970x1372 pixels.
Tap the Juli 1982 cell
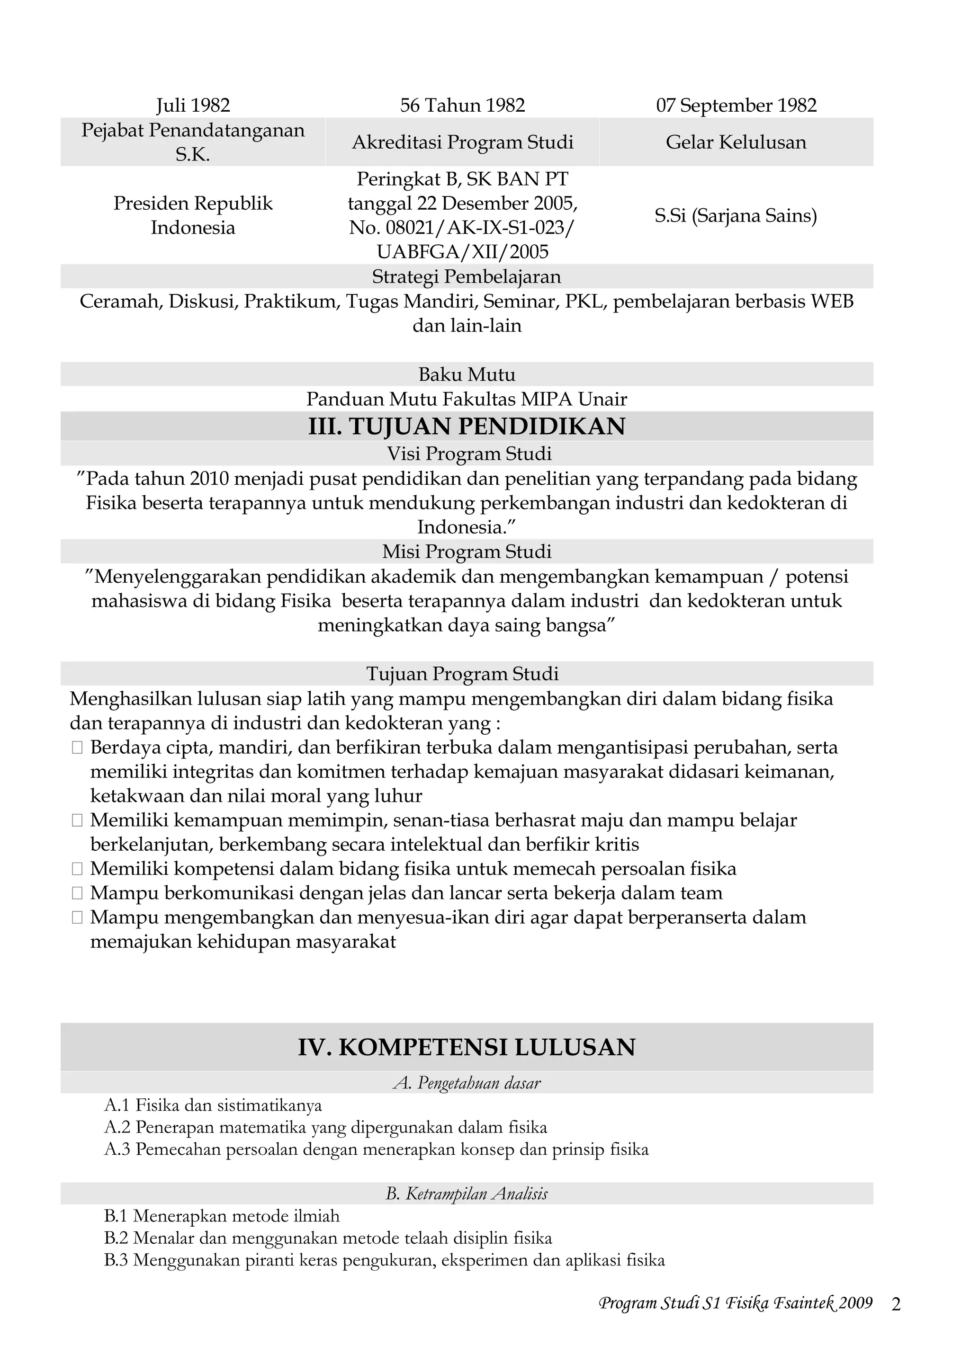(x=193, y=106)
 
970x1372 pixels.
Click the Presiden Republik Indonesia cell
(x=193, y=215)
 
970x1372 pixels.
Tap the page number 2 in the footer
(x=895, y=1304)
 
